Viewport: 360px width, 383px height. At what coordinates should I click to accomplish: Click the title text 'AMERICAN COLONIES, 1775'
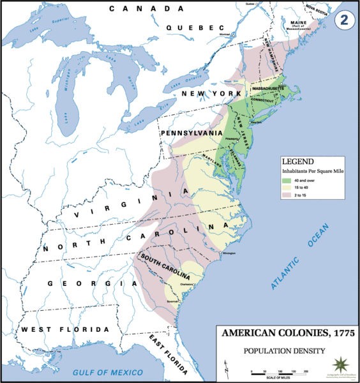click(285, 334)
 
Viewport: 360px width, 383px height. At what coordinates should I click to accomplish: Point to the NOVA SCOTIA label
click(320, 9)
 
